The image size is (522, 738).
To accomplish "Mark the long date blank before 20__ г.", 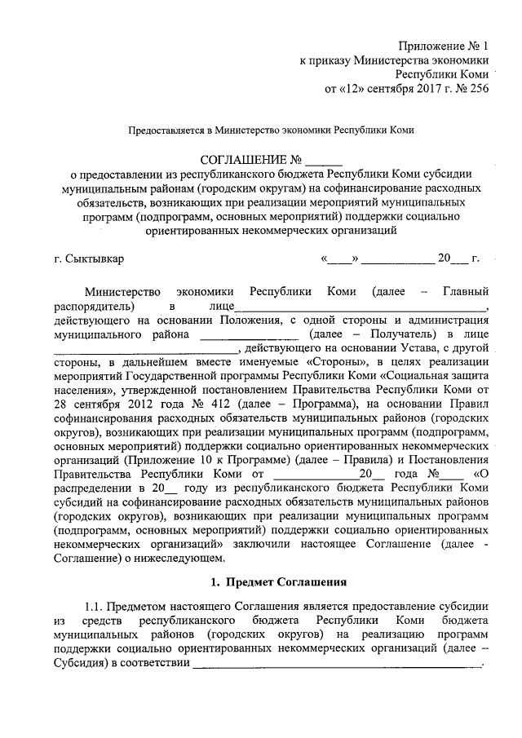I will pos(398,261).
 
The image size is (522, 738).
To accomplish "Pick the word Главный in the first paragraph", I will pos(465,291).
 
